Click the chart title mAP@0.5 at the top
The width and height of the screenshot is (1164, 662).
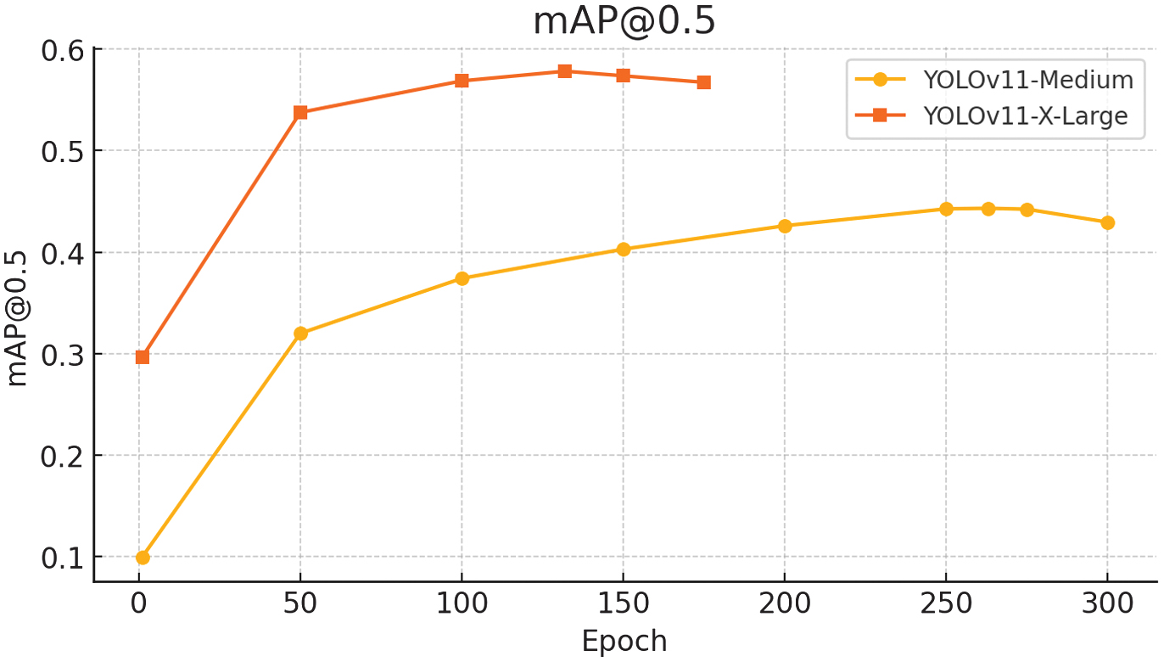pyautogui.click(x=624, y=22)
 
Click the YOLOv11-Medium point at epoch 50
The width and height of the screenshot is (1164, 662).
pyautogui.click(x=300, y=334)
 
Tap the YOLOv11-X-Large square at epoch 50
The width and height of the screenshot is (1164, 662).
pyautogui.click(x=300, y=112)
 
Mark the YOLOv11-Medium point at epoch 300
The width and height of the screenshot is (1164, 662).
pyautogui.click(x=1107, y=222)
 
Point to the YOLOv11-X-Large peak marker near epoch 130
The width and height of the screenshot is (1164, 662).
pyautogui.click(x=565, y=71)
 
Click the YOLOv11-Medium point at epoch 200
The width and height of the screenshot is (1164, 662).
pyautogui.click(x=785, y=226)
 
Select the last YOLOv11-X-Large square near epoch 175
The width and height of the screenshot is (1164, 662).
pyautogui.click(x=703, y=82)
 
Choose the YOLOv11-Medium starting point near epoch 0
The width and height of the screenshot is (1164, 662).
pyautogui.click(x=143, y=558)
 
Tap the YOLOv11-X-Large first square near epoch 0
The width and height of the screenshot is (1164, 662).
pyautogui.click(x=143, y=356)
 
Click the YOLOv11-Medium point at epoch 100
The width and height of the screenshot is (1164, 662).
pyautogui.click(x=462, y=278)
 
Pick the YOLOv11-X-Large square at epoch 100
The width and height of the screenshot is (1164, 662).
pyautogui.click(x=462, y=81)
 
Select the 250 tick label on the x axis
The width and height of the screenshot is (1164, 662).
pyautogui.click(x=946, y=604)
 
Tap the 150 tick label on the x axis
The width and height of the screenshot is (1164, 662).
pyautogui.click(x=624, y=604)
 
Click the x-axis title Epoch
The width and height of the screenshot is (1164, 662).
pyautogui.click(x=624, y=642)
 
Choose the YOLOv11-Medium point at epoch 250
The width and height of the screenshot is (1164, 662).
pyautogui.click(x=946, y=209)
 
